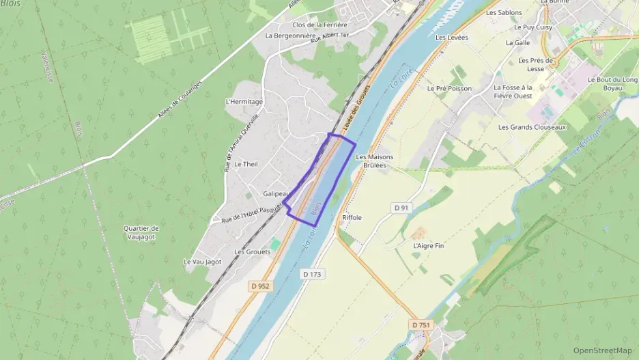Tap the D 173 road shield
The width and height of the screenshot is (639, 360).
click(311, 274)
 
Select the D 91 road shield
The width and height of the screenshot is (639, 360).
click(401, 207)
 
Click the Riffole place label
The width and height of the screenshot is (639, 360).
click(352, 217)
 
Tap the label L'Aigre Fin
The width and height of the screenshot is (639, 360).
click(428, 245)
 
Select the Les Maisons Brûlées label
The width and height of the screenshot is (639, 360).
click(375, 161)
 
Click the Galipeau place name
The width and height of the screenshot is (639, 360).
click(276, 193)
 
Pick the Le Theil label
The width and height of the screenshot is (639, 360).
click(246, 164)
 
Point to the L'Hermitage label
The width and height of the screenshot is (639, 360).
click(244, 102)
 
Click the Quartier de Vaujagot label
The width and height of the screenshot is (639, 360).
click(141, 232)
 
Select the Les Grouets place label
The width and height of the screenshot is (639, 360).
click(252, 251)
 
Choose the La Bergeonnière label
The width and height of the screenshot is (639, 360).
click(290, 36)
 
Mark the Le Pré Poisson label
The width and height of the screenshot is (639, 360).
click(449, 88)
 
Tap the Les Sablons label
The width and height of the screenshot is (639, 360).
click(504, 12)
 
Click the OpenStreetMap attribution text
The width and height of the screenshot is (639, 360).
click(603, 350)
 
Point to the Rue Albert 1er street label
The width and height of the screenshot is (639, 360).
click(329, 38)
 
